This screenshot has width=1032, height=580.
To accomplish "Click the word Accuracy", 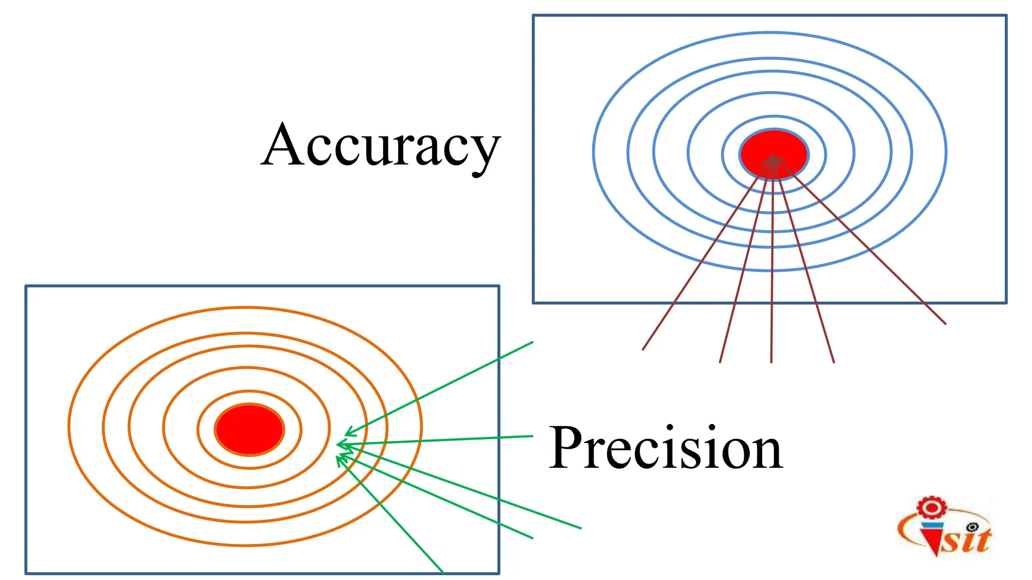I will (x=380, y=146).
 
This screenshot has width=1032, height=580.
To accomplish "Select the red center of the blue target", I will (x=774, y=146).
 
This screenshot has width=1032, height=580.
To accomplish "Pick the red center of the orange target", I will (x=249, y=429).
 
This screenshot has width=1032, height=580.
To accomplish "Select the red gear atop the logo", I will (x=931, y=507).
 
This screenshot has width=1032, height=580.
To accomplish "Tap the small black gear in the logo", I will (x=973, y=527).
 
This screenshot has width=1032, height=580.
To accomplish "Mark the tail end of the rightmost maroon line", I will (x=945, y=324).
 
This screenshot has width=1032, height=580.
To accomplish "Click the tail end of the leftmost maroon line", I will (x=643, y=349).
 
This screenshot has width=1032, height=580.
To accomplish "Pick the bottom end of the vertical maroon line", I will (x=771, y=362).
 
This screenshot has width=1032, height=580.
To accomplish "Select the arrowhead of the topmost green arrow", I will (x=348, y=433).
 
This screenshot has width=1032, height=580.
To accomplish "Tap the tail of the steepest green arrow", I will (x=443, y=572).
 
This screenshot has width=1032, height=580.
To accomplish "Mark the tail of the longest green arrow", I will (x=581, y=528).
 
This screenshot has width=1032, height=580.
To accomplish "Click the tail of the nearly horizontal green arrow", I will (x=533, y=436).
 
